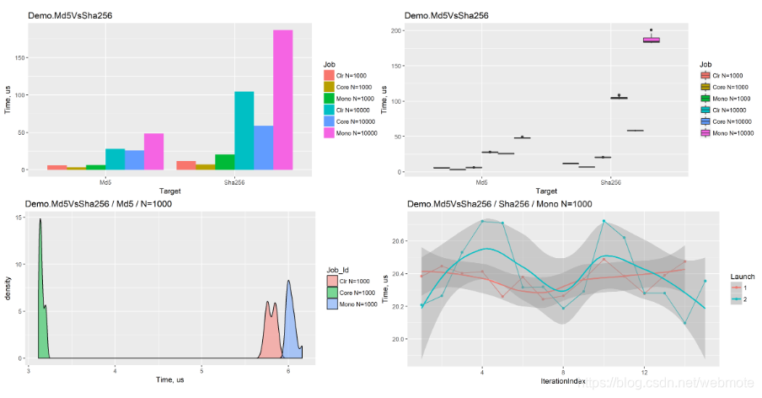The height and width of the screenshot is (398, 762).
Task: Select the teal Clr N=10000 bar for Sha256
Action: (x=244, y=130)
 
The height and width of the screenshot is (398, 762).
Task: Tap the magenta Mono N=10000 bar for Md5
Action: (x=153, y=151)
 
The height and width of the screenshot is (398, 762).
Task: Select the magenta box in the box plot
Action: (x=652, y=40)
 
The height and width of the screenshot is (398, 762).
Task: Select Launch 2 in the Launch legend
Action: (x=742, y=299)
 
